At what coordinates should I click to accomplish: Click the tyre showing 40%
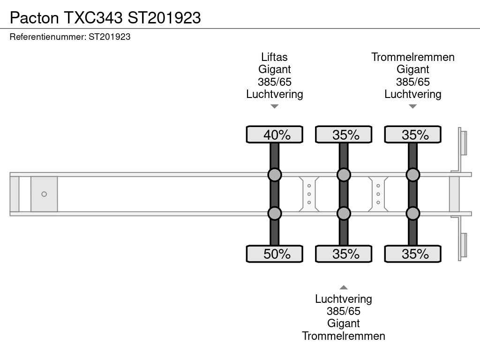[x=275, y=135]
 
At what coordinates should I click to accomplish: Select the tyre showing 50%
[x=275, y=254]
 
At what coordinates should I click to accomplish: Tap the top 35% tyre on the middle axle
[x=344, y=135]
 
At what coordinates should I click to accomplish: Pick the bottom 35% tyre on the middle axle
[x=344, y=254]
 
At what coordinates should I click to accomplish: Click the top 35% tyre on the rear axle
[x=412, y=135]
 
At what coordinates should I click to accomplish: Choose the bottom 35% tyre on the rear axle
[x=412, y=254]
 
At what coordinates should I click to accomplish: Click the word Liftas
[x=275, y=57]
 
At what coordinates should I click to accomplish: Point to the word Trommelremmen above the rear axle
[x=413, y=57]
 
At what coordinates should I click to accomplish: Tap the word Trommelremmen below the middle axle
[x=344, y=336]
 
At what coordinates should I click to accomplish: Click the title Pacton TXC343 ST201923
[x=105, y=17]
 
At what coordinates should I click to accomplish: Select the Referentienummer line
[x=70, y=37]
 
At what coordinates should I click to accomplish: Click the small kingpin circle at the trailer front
[x=44, y=194]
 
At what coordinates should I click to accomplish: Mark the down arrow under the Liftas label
[x=275, y=106]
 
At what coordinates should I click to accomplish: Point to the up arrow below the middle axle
[x=344, y=287]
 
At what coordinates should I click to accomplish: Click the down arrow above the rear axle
[x=412, y=106]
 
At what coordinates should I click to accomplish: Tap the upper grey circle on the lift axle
[x=275, y=175]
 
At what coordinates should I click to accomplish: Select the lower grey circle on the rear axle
[x=412, y=213]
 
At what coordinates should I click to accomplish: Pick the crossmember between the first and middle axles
[x=309, y=194]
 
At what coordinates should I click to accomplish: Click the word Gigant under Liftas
[x=275, y=69]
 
